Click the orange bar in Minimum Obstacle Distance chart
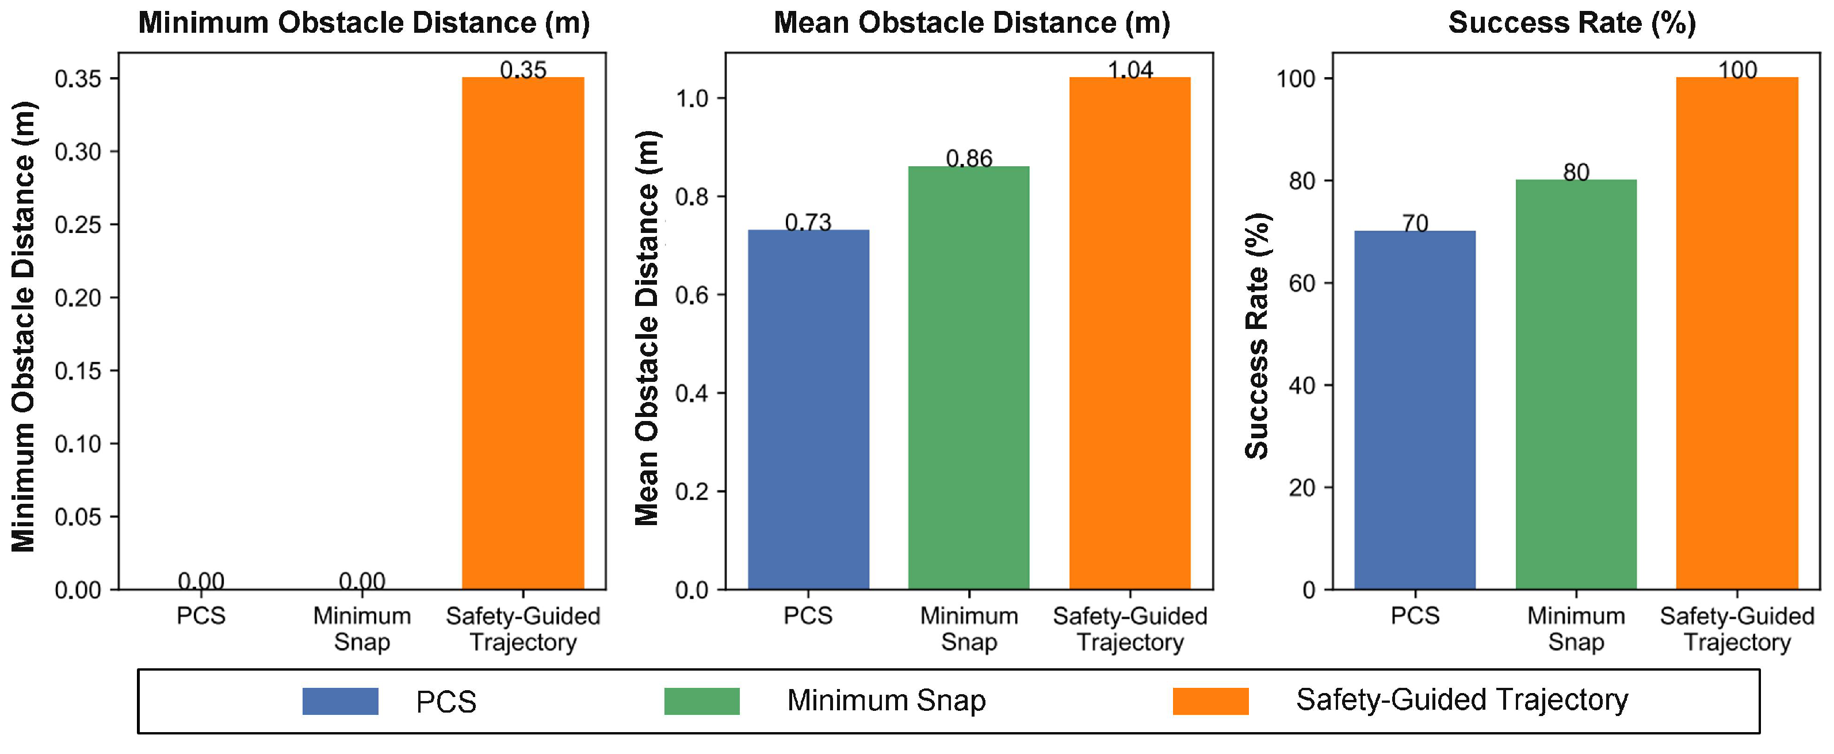pyautogui.click(x=524, y=333)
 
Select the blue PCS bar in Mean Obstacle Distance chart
pyautogui.click(x=808, y=409)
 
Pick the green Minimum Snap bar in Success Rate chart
pyautogui.click(x=1576, y=384)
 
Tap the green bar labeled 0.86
pyautogui.click(x=969, y=377)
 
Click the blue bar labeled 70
pyautogui.click(x=1415, y=410)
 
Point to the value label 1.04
pyautogui.click(x=1130, y=69)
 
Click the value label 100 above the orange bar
pyautogui.click(x=1737, y=70)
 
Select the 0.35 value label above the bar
pyautogui.click(x=524, y=70)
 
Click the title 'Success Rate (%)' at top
pyautogui.click(x=1572, y=23)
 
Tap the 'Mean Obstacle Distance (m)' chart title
pyautogui.click(x=972, y=23)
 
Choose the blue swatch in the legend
pyautogui.click(x=341, y=701)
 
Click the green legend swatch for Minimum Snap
pyautogui.click(x=702, y=701)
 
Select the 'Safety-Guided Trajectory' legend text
pyautogui.click(x=1462, y=700)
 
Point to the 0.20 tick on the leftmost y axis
pyautogui.click(x=78, y=297)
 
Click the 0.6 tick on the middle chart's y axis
pyautogui.click(x=691, y=295)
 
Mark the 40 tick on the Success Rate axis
pyautogui.click(x=1301, y=385)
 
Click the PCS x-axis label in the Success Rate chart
pyautogui.click(x=1415, y=615)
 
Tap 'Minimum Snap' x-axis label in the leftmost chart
pyautogui.click(x=362, y=629)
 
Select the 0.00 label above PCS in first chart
pyautogui.click(x=201, y=581)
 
